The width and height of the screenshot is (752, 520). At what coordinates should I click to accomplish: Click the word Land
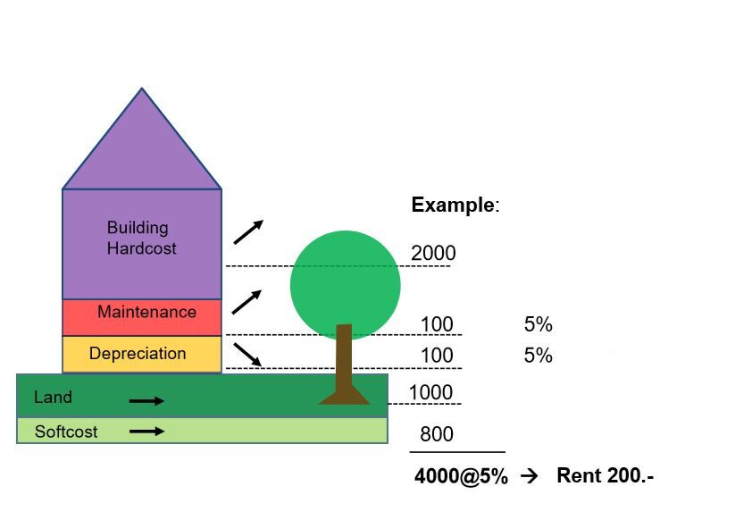pyautogui.click(x=53, y=397)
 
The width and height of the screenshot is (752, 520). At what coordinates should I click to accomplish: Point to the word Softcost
pyautogui.click(x=66, y=432)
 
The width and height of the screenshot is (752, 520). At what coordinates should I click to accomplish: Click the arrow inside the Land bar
pyautogui.click(x=146, y=400)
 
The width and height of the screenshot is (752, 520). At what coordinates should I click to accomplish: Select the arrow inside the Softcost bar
pyautogui.click(x=146, y=432)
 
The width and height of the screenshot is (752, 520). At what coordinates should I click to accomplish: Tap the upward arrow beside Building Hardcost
pyautogui.click(x=248, y=231)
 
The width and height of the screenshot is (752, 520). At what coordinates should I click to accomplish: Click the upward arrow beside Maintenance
pyautogui.click(x=246, y=302)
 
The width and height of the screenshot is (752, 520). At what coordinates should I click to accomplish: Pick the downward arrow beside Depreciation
pyautogui.click(x=247, y=354)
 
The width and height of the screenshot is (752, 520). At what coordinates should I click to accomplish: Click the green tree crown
pyautogui.click(x=345, y=281)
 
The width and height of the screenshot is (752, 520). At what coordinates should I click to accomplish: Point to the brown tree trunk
pyautogui.click(x=344, y=362)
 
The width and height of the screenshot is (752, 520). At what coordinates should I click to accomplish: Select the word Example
pyautogui.click(x=452, y=205)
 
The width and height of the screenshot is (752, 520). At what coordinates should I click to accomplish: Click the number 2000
pyautogui.click(x=433, y=253)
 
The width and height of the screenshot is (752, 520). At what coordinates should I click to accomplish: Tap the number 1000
pyautogui.click(x=430, y=392)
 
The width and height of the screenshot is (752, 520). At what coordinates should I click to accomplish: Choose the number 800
pyautogui.click(x=437, y=434)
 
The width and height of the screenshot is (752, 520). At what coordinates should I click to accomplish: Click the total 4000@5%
pyautogui.click(x=461, y=476)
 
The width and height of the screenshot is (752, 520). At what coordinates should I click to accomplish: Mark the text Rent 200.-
pyautogui.click(x=605, y=475)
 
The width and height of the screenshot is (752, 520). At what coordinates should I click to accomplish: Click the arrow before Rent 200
pyautogui.click(x=530, y=476)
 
